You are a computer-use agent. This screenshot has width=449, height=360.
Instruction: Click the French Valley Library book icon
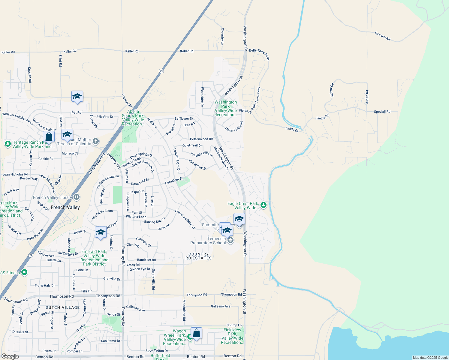[x=77, y=197]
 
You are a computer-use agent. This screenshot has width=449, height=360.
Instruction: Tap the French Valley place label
[x=65, y=207]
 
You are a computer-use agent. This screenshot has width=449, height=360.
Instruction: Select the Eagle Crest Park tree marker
[x=264, y=205]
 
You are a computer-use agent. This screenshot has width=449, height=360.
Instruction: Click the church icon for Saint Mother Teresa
[x=96, y=141]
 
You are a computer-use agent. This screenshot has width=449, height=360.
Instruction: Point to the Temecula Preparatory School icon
[x=230, y=240]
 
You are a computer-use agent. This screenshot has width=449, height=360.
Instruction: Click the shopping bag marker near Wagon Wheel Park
[x=196, y=333]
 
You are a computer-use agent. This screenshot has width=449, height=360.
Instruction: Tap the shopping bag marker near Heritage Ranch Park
[x=49, y=137]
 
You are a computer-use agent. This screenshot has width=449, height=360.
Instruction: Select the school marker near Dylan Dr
[x=101, y=232]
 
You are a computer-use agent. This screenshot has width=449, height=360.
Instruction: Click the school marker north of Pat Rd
[x=77, y=97]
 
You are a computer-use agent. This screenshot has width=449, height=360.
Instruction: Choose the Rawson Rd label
[x=382, y=36]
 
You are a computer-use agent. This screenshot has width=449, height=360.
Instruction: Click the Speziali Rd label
[x=382, y=112]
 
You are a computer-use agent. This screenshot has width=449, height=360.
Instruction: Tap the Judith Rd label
[x=367, y=97]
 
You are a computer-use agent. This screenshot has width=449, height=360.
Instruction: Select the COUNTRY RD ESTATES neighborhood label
[x=198, y=256]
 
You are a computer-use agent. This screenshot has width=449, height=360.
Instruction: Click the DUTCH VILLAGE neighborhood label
[x=62, y=307]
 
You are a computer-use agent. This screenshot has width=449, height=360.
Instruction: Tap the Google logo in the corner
[x=10, y=356]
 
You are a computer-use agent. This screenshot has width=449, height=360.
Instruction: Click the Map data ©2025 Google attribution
[x=430, y=358]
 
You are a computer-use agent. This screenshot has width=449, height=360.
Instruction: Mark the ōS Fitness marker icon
[x=25, y=272]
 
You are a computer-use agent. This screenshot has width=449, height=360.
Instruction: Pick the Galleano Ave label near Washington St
[x=221, y=306]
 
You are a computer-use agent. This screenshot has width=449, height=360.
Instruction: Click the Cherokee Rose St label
[x=185, y=219]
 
